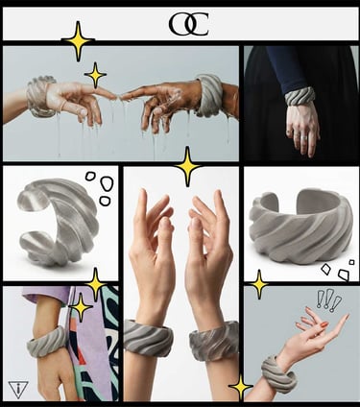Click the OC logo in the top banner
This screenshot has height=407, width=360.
(x=189, y=24)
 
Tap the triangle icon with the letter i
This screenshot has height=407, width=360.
(x=18, y=390)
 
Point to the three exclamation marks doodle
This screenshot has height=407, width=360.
(x=328, y=300)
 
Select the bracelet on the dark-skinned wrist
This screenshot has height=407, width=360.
(x=209, y=95)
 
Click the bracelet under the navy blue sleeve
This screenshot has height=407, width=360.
(x=300, y=96)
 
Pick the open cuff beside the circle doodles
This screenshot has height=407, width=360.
(x=58, y=222)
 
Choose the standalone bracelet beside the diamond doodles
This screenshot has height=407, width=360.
(x=300, y=226)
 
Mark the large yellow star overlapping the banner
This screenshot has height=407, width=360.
(x=78, y=41)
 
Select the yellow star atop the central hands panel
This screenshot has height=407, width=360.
(x=188, y=166)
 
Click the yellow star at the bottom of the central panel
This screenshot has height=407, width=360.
(x=240, y=387)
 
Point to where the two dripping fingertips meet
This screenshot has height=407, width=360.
(x=118, y=96)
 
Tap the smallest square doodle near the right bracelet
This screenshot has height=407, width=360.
(x=351, y=262)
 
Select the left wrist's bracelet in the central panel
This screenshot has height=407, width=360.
(x=148, y=338)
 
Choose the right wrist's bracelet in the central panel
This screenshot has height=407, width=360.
(x=214, y=341)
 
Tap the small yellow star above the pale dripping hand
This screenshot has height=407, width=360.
(x=95, y=75)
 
